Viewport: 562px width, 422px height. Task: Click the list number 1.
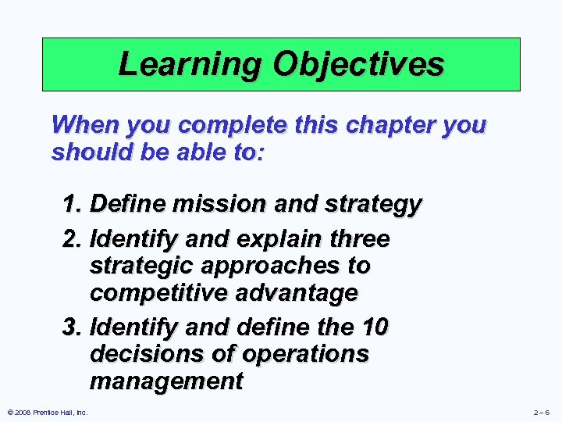point(73,205)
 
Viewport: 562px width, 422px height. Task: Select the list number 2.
point(73,237)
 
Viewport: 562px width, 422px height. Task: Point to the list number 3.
point(73,326)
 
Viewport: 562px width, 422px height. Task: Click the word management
point(166,381)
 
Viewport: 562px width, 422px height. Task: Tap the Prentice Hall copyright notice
point(46,412)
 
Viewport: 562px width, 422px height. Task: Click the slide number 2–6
point(541,412)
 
